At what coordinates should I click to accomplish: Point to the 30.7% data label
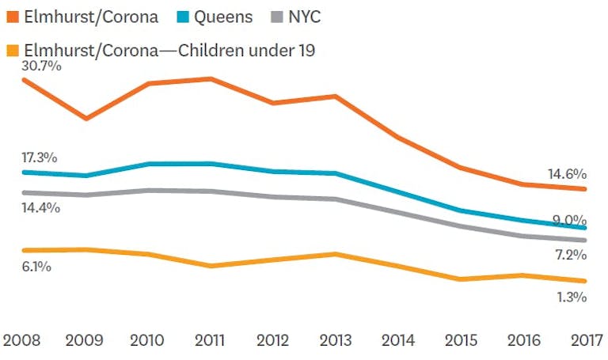point(41,66)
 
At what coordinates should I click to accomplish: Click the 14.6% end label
point(566,174)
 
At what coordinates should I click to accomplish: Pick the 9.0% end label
point(568,220)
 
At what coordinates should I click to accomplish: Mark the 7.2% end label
point(568,255)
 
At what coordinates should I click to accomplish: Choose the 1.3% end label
point(568,297)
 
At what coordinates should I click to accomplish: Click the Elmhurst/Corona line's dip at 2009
point(86,119)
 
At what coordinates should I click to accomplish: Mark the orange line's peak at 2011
point(211,78)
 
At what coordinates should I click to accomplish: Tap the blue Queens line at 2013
point(336,173)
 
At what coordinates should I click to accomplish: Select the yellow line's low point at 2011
point(211,266)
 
